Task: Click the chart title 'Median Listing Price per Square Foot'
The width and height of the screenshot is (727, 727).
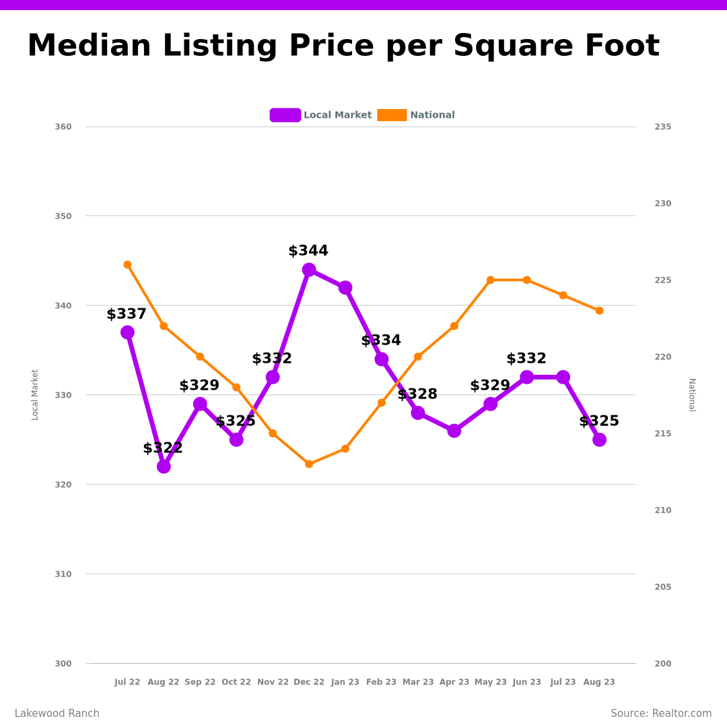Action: pyautogui.click(x=343, y=46)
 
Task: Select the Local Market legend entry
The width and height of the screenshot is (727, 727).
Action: pyautogui.click(x=321, y=115)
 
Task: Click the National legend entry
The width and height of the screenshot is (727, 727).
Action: pyautogui.click(x=416, y=115)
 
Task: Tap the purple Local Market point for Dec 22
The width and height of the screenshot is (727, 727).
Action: pyautogui.click(x=309, y=270)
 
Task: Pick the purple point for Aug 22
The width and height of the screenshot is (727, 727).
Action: pyautogui.click(x=164, y=466)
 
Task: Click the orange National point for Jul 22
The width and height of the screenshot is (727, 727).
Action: pyautogui.click(x=127, y=265)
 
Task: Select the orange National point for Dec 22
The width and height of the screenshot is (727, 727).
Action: pyautogui.click(x=309, y=464)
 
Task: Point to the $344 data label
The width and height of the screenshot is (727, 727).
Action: pyautogui.click(x=308, y=251)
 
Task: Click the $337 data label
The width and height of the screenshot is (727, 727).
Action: pyautogui.click(x=127, y=314)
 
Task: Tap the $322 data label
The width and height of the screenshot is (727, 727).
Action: pyautogui.click(x=163, y=448)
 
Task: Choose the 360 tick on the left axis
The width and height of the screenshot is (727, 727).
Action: pyautogui.click(x=63, y=127)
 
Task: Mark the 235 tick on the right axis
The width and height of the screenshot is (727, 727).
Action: pyautogui.click(x=663, y=127)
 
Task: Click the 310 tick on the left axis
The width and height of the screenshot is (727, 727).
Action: pyautogui.click(x=63, y=574)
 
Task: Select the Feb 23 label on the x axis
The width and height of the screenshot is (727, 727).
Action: pyautogui.click(x=382, y=682)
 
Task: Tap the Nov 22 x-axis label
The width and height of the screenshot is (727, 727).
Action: pyautogui.click(x=273, y=682)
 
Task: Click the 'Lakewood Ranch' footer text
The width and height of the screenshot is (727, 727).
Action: pyautogui.click(x=57, y=714)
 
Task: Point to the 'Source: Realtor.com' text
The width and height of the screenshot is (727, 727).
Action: pyautogui.click(x=661, y=714)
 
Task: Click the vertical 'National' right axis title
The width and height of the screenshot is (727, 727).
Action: pyautogui.click(x=691, y=394)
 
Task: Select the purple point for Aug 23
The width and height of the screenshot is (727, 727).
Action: pyautogui.click(x=599, y=440)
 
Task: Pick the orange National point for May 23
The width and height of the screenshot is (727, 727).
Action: pyautogui.click(x=491, y=280)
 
